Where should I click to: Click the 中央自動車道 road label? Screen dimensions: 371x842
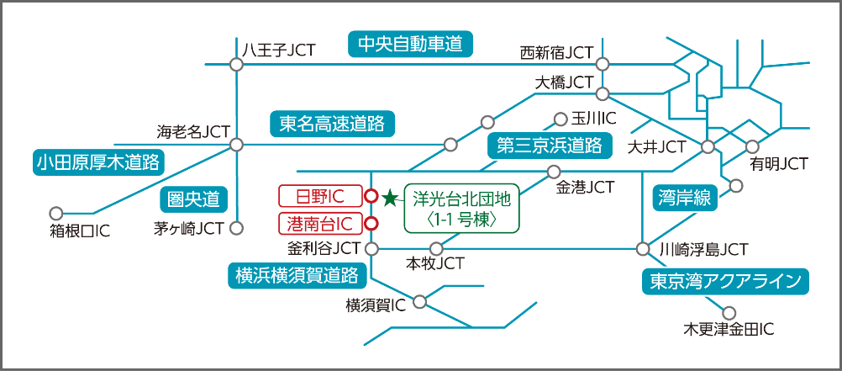coord(410,45)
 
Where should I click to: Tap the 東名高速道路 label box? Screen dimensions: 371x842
coord(331,125)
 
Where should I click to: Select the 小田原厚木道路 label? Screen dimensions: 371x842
coord(97,162)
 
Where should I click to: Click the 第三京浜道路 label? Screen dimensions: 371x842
coord(550,145)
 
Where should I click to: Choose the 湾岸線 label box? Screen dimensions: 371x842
coord(684,199)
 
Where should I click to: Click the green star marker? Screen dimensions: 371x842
coord(390,199)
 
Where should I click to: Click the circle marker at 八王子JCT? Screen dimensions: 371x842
coord(236,63)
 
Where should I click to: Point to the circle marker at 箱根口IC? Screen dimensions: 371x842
coord(57,214)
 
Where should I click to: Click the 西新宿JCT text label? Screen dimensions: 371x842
coord(557,52)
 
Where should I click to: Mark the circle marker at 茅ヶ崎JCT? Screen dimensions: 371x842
coord(236,227)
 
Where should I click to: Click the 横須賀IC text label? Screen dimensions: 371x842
coord(376,305)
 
